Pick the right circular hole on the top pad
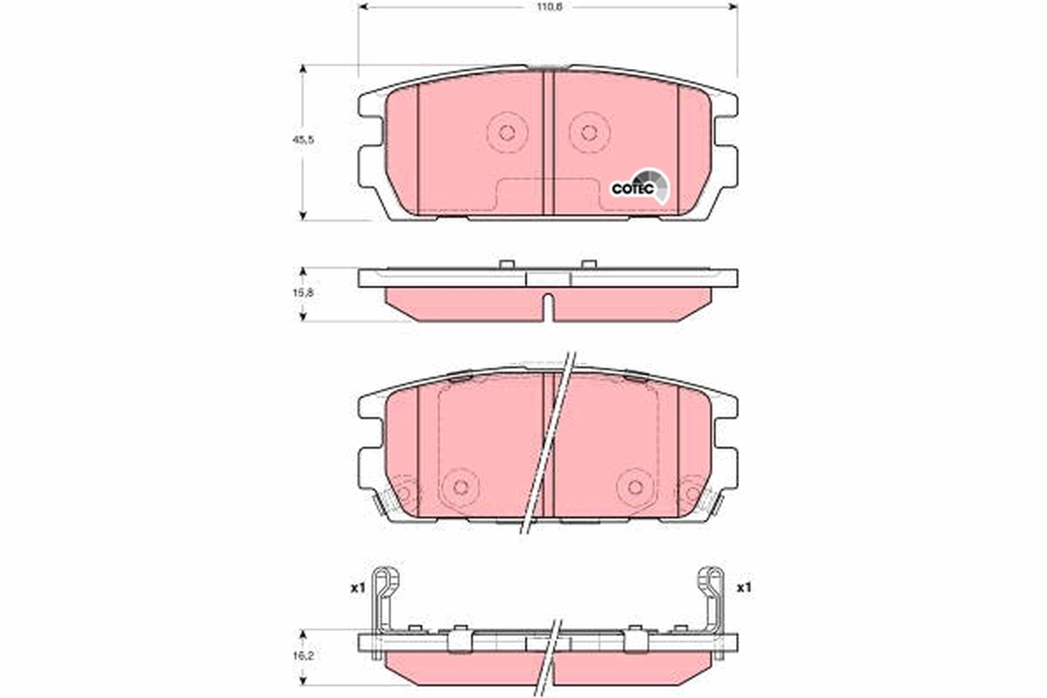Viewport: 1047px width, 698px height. [x=589, y=133]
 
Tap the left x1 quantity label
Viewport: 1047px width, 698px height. [x=356, y=589]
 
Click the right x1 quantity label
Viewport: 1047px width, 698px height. [x=742, y=589]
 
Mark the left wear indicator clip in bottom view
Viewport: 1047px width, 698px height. [x=382, y=602]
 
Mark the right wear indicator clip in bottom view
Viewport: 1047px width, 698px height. [x=713, y=602]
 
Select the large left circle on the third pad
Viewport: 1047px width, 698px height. [x=461, y=486]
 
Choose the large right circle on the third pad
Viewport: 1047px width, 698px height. [x=634, y=486]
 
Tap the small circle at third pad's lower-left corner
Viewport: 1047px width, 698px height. [x=403, y=495]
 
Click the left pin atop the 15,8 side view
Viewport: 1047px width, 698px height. [x=506, y=263]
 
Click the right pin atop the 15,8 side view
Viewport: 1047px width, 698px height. [x=589, y=263]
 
